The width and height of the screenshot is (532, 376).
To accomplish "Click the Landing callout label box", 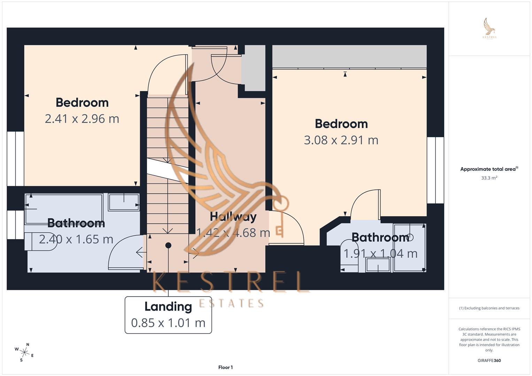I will (x=168, y=315).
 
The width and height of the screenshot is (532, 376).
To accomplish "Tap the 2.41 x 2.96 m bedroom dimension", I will (x=82, y=119).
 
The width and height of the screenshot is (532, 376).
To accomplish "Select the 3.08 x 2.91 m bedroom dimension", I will (x=341, y=140).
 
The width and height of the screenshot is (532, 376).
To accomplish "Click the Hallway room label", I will (x=233, y=217).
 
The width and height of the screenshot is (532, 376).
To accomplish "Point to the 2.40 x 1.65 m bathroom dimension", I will (x=76, y=239).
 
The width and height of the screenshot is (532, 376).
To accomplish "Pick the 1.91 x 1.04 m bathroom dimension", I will (x=380, y=253).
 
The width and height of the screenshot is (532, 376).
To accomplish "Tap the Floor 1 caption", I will (x=225, y=367).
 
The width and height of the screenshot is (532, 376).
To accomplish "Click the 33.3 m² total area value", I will (x=489, y=178).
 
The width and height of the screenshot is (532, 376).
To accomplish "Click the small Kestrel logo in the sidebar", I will (x=489, y=29).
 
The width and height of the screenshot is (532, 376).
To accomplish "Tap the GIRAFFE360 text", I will (x=489, y=360).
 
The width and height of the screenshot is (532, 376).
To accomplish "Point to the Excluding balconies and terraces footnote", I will (x=489, y=308).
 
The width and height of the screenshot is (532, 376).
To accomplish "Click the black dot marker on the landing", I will (x=168, y=245).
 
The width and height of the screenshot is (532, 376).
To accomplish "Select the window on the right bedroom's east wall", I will (x=435, y=170).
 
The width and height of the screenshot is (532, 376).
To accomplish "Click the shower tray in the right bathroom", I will (x=409, y=248).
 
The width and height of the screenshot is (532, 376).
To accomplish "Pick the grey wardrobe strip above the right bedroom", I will (x=349, y=56).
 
